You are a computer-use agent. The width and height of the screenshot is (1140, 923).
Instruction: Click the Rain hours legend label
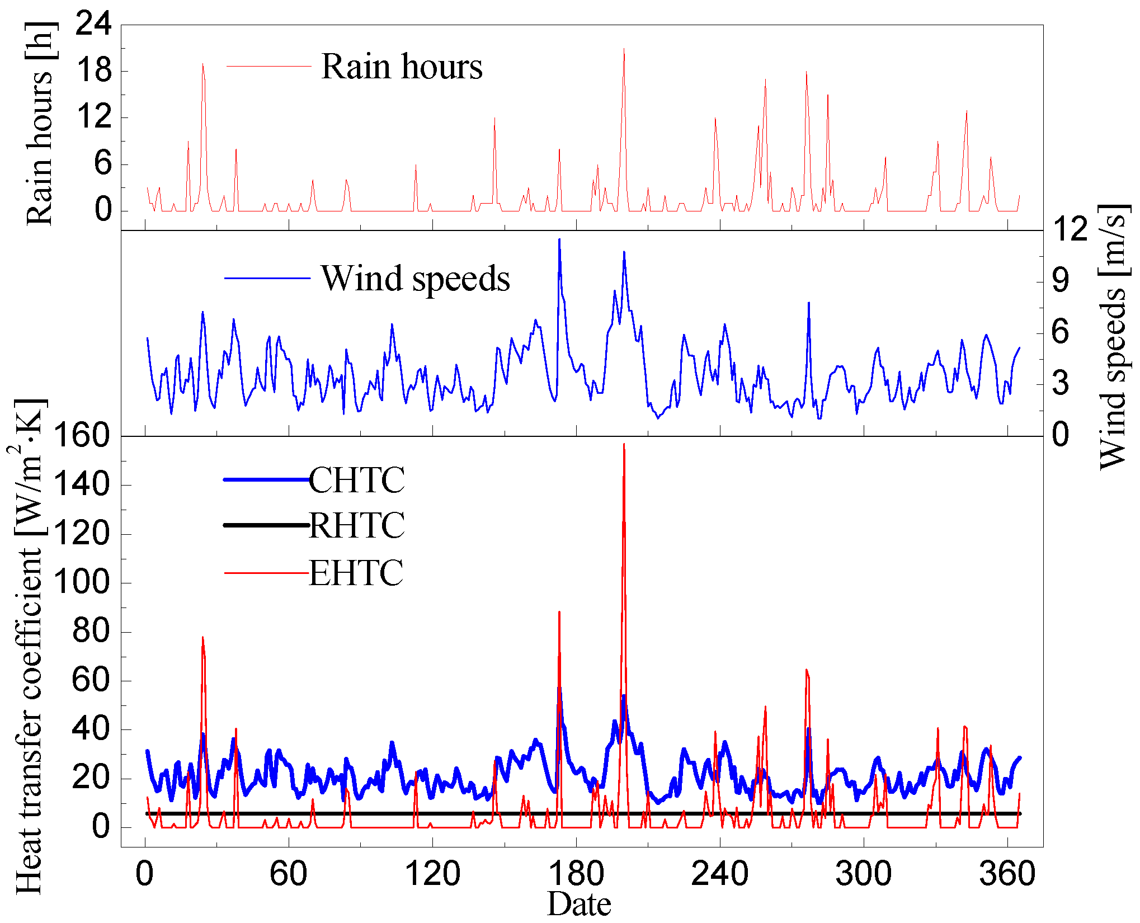(x=401, y=67)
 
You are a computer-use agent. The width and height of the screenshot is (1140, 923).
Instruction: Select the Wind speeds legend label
(x=415, y=278)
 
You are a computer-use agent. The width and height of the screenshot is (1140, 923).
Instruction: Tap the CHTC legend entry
(x=356, y=480)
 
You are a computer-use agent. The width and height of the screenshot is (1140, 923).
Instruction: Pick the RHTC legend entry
(x=356, y=525)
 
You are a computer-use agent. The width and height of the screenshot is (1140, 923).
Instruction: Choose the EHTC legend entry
(x=356, y=573)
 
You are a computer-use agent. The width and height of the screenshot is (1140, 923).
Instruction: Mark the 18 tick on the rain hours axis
(x=93, y=71)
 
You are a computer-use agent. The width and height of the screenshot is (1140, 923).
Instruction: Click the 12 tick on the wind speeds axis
(x=1070, y=230)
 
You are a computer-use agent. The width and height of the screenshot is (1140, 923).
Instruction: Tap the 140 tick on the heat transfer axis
(x=81, y=484)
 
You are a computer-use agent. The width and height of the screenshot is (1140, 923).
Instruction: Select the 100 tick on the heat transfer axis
(x=81, y=582)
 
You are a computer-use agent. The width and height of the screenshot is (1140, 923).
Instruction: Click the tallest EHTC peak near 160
(x=624, y=445)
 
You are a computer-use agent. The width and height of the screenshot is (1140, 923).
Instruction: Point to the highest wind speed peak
(x=559, y=240)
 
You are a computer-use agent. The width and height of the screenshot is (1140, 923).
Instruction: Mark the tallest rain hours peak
(x=624, y=49)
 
